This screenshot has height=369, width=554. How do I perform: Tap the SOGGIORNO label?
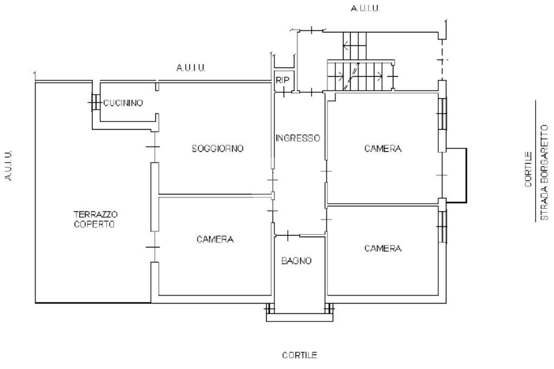click(218, 148)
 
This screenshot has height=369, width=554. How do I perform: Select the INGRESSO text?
click(298, 138)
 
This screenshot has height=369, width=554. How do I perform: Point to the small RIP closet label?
click(282, 79)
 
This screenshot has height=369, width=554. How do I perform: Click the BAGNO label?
click(296, 261)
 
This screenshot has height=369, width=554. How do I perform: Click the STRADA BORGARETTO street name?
click(545, 172)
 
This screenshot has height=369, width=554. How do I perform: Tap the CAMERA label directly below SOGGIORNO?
click(215, 239)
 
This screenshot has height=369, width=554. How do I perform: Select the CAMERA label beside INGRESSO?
click(382, 149)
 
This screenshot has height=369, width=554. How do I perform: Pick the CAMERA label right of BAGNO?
click(382, 249)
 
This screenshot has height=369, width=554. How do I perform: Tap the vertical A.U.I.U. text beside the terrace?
click(9, 165)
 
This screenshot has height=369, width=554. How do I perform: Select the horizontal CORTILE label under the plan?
click(299, 355)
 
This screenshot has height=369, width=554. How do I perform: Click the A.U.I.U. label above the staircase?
click(366, 9)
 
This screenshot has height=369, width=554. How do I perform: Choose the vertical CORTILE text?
click(529, 170)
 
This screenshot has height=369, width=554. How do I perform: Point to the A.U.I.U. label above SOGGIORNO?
click(191, 68)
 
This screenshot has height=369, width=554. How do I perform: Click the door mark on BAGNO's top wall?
click(288, 235)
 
